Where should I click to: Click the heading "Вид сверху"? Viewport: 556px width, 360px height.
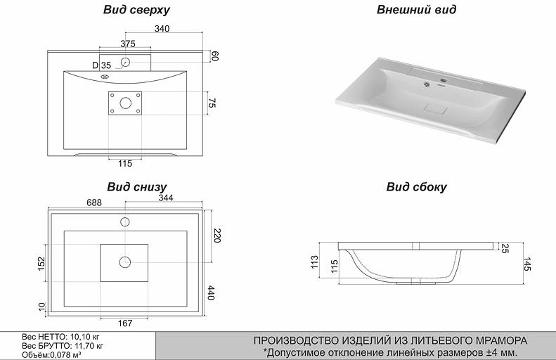coord(136,11)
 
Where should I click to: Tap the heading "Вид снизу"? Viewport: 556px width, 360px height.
coord(136,187)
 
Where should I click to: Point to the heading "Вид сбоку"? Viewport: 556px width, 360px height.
coord(416,187)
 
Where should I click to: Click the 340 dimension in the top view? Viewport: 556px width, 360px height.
coord(162,29)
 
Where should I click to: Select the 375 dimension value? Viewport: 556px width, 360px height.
coord(127,44)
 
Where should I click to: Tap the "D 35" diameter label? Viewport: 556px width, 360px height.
coord(101,65)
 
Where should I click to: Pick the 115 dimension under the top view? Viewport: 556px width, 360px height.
coord(124,164)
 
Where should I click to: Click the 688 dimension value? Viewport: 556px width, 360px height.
coord(94,202)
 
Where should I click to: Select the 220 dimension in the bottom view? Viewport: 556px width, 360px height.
coord(216,236)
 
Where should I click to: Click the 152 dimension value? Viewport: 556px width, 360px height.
coord(41,263)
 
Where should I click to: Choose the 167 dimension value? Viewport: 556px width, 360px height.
coord(125,323)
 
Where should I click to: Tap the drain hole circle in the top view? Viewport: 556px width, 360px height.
coord(126,103)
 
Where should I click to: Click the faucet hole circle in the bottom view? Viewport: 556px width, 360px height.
coord(125,222)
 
